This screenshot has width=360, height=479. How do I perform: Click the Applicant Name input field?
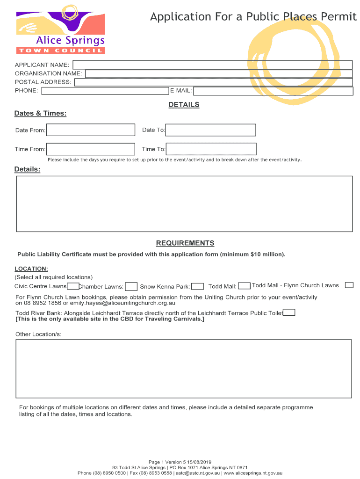click(212, 65)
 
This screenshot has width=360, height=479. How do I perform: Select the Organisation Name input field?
click(218, 73)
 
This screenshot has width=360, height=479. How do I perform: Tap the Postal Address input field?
click(213, 82)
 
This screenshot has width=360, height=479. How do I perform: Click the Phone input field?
click(105, 91)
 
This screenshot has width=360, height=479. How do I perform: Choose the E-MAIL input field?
click(273, 91)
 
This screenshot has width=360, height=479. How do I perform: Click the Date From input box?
click(91, 130)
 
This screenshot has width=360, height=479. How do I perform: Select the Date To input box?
click(211, 130)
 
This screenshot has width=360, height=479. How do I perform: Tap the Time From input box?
click(91, 149)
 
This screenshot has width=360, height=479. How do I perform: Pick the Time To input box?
click(211, 149)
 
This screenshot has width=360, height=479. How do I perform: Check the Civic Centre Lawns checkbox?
click(73, 286)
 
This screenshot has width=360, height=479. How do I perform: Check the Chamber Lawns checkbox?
click(131, 287)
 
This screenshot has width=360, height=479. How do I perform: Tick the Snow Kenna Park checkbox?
click(198, 287)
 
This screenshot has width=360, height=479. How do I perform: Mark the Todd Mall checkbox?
click(244, 286)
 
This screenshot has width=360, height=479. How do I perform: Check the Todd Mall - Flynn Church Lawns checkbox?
click(349, 285)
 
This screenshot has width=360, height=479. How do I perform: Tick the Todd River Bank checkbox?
click(289, 313)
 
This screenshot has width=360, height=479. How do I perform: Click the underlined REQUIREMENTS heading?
click(185, 243)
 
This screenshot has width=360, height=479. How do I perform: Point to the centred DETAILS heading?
click(184, 105)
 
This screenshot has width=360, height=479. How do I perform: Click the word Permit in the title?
click(339, 17)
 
